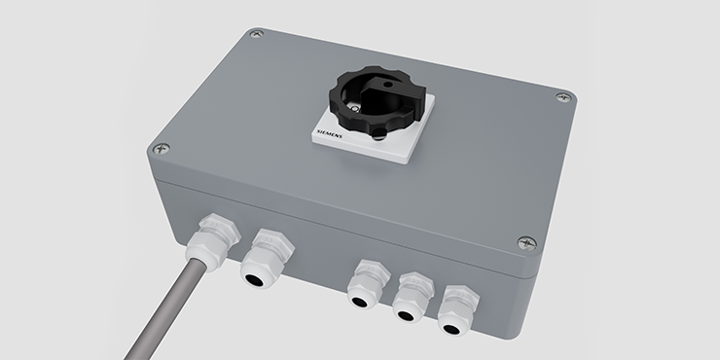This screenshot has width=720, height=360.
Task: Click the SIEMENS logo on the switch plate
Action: click(x=329, y=134)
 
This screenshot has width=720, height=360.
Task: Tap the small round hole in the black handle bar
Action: click(x=388, y=85)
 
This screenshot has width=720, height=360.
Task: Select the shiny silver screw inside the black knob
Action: click(x=355, y=108)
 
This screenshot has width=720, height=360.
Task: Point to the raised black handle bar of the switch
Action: click(x=393, y=94)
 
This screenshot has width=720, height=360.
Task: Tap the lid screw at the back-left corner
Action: click(x=257, y=33)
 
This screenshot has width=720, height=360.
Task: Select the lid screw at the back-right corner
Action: click(x=563, y=97)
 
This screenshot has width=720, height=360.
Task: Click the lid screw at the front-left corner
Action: click(x=162, y=148)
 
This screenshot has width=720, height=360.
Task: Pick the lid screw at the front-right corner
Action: click(x=526, y=243)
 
